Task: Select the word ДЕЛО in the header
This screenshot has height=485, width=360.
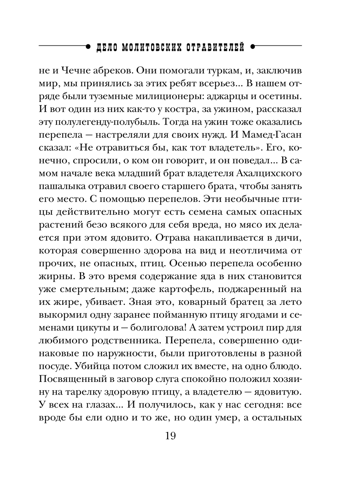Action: pos(106,47)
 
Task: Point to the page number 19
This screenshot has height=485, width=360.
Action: pos(170,436)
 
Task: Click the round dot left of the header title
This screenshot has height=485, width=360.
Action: pos(88,46)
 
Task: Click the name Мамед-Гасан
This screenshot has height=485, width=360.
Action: pos(274,134)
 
